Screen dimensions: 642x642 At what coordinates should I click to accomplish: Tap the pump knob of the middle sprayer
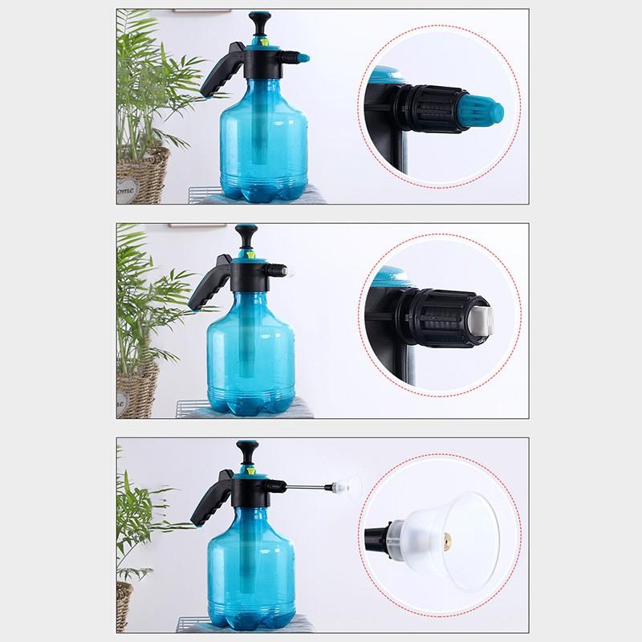click(243, 235)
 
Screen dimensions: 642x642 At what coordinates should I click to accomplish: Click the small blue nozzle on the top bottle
click(302, 58)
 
